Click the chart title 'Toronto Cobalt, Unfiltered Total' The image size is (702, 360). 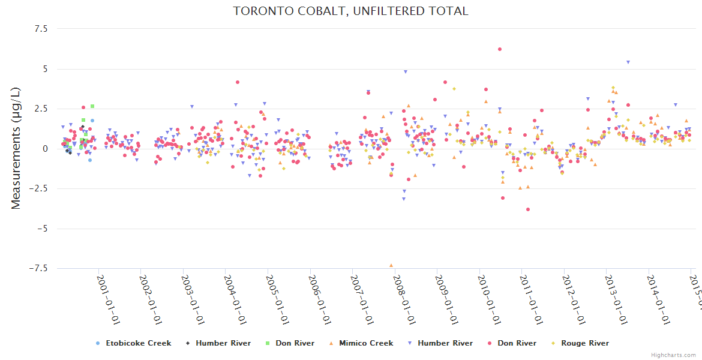click(x=350, y=11)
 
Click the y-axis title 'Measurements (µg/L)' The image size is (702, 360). click(x=16, y=149)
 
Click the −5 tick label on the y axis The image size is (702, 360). click(x=40, y=229)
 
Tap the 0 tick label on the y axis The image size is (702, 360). click(x=44, y=149)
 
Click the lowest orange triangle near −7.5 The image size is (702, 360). click(x=391, y=265)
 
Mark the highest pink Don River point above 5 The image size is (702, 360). click(x=500, y=49)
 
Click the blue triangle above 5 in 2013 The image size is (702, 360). click(x=628, y=62)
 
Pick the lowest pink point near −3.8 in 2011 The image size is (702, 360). click(x=528, y=209)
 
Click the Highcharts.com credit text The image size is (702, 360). click(x=673, y=355)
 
